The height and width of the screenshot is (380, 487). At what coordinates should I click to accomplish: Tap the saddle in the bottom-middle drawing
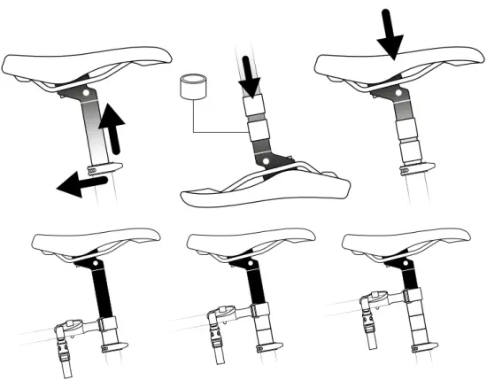pyautogui.click(x=252, y=241)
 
